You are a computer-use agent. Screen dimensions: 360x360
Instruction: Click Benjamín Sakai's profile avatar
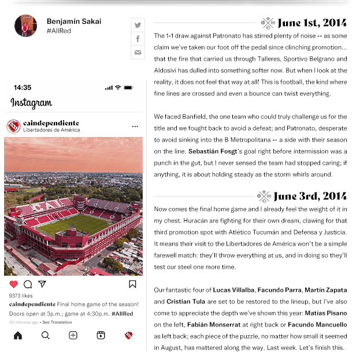pyautogui.click(x=25, y=26)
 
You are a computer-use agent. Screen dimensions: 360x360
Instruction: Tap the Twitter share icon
pyautogui.click(x=138, y=25)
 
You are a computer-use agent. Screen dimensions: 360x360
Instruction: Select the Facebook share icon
pyautogui.click(x=138, y=39)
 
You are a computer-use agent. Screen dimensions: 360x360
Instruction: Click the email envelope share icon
pyautogui.click(x=138, y=53)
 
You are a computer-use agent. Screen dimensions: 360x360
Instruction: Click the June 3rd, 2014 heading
pyautogui.click(x=310, y=196)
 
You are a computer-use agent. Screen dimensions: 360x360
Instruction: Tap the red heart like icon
pyautogui.click(x=14, y=284)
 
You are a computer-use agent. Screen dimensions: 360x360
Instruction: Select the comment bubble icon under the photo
pyautogui.click(x=28, y=284)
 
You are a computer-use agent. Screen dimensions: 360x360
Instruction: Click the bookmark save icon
pyautogui.click(x=132, y=284)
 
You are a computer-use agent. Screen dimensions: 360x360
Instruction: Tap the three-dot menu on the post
pyautogui.click(x=135, y=126)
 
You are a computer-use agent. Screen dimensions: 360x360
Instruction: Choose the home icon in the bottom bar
pyautogui.click(x=18, y=335)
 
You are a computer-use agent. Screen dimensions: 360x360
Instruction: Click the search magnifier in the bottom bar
pyautogui.click(x=46, y=335)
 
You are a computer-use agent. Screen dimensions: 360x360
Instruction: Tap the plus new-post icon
pyautogui.click(x=73, y=335)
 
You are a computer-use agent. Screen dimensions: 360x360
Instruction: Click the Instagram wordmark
pyautogui.click(x=31, y=103)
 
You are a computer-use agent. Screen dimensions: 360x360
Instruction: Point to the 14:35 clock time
pyautogui.click(x=23, y=88)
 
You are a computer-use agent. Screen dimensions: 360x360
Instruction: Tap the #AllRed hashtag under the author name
pyautogui.click(x=59, y=31)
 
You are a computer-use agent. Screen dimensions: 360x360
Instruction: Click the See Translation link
pyautogui.click(x=57, y=322)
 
